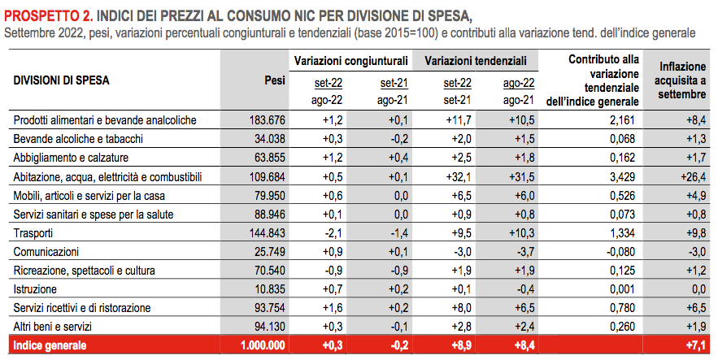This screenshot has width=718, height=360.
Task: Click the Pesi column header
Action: pos(275,80)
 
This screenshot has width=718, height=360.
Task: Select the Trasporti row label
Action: pos(33,233)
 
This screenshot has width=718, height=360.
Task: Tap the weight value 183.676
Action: pos(267,120)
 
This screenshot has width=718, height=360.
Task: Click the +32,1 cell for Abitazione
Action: pos(459,177)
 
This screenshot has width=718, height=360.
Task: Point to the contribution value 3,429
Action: pos(622,177)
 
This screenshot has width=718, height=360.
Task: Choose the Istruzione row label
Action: pos(35,289)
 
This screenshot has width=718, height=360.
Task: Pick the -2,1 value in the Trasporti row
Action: pos(333,233)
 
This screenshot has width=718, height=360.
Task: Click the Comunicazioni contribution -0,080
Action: pos(620,252)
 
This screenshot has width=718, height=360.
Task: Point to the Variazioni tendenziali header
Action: pos(476,61)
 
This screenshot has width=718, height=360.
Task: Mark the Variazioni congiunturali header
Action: pos(350,61)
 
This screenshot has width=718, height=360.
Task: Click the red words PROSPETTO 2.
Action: pos(49,16)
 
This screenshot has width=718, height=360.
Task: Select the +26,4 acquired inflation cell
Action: pos(694,177)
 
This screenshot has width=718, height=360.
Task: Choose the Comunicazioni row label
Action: pos(46,252)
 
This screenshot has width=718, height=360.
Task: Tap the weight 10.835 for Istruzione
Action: pos(270,289)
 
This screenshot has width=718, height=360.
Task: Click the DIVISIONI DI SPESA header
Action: pos(61,80)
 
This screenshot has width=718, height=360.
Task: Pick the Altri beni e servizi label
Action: pos(53,327)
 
